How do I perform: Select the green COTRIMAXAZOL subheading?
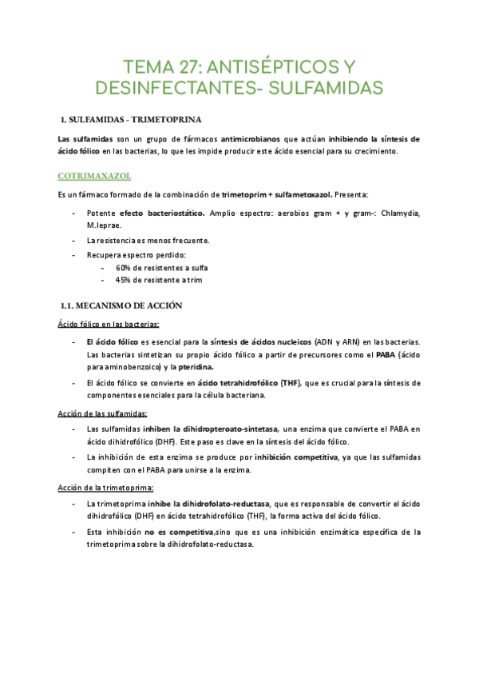[x=95, y=175]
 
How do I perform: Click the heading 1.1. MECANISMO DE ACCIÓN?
[x=122, y=305]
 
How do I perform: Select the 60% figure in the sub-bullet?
[x=124, y=268]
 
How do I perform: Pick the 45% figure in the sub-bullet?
[x=124, y=281]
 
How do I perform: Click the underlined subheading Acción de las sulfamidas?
[x=102, y=413]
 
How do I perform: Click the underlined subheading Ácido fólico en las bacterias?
[x=109, y=324]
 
